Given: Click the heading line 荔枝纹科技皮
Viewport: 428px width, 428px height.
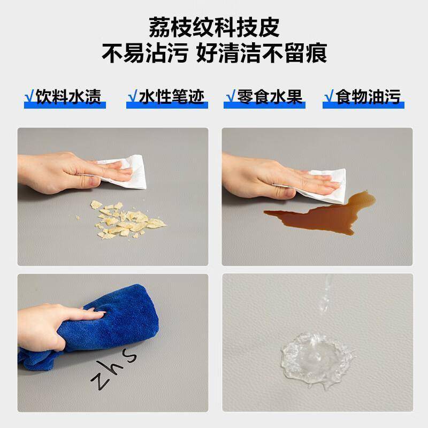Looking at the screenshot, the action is click(x=214, y=27).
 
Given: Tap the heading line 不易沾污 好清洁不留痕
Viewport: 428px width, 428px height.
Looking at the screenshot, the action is click(x=214, y=53).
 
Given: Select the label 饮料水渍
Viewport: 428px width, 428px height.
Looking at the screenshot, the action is click(x=68, y=96).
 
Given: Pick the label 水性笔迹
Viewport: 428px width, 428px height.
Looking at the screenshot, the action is click(x=171, y=96).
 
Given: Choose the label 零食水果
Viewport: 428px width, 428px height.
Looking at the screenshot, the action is click(x=270, y=96).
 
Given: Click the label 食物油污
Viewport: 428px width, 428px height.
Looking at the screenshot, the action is click(x=368, y=96).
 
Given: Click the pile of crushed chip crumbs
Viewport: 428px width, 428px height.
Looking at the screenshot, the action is click(x=126, y=219).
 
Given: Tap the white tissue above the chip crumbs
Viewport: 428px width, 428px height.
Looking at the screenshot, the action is click(x=124, y=172).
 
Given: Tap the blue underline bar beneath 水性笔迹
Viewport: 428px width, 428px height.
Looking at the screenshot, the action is click(x=167, y=105).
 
